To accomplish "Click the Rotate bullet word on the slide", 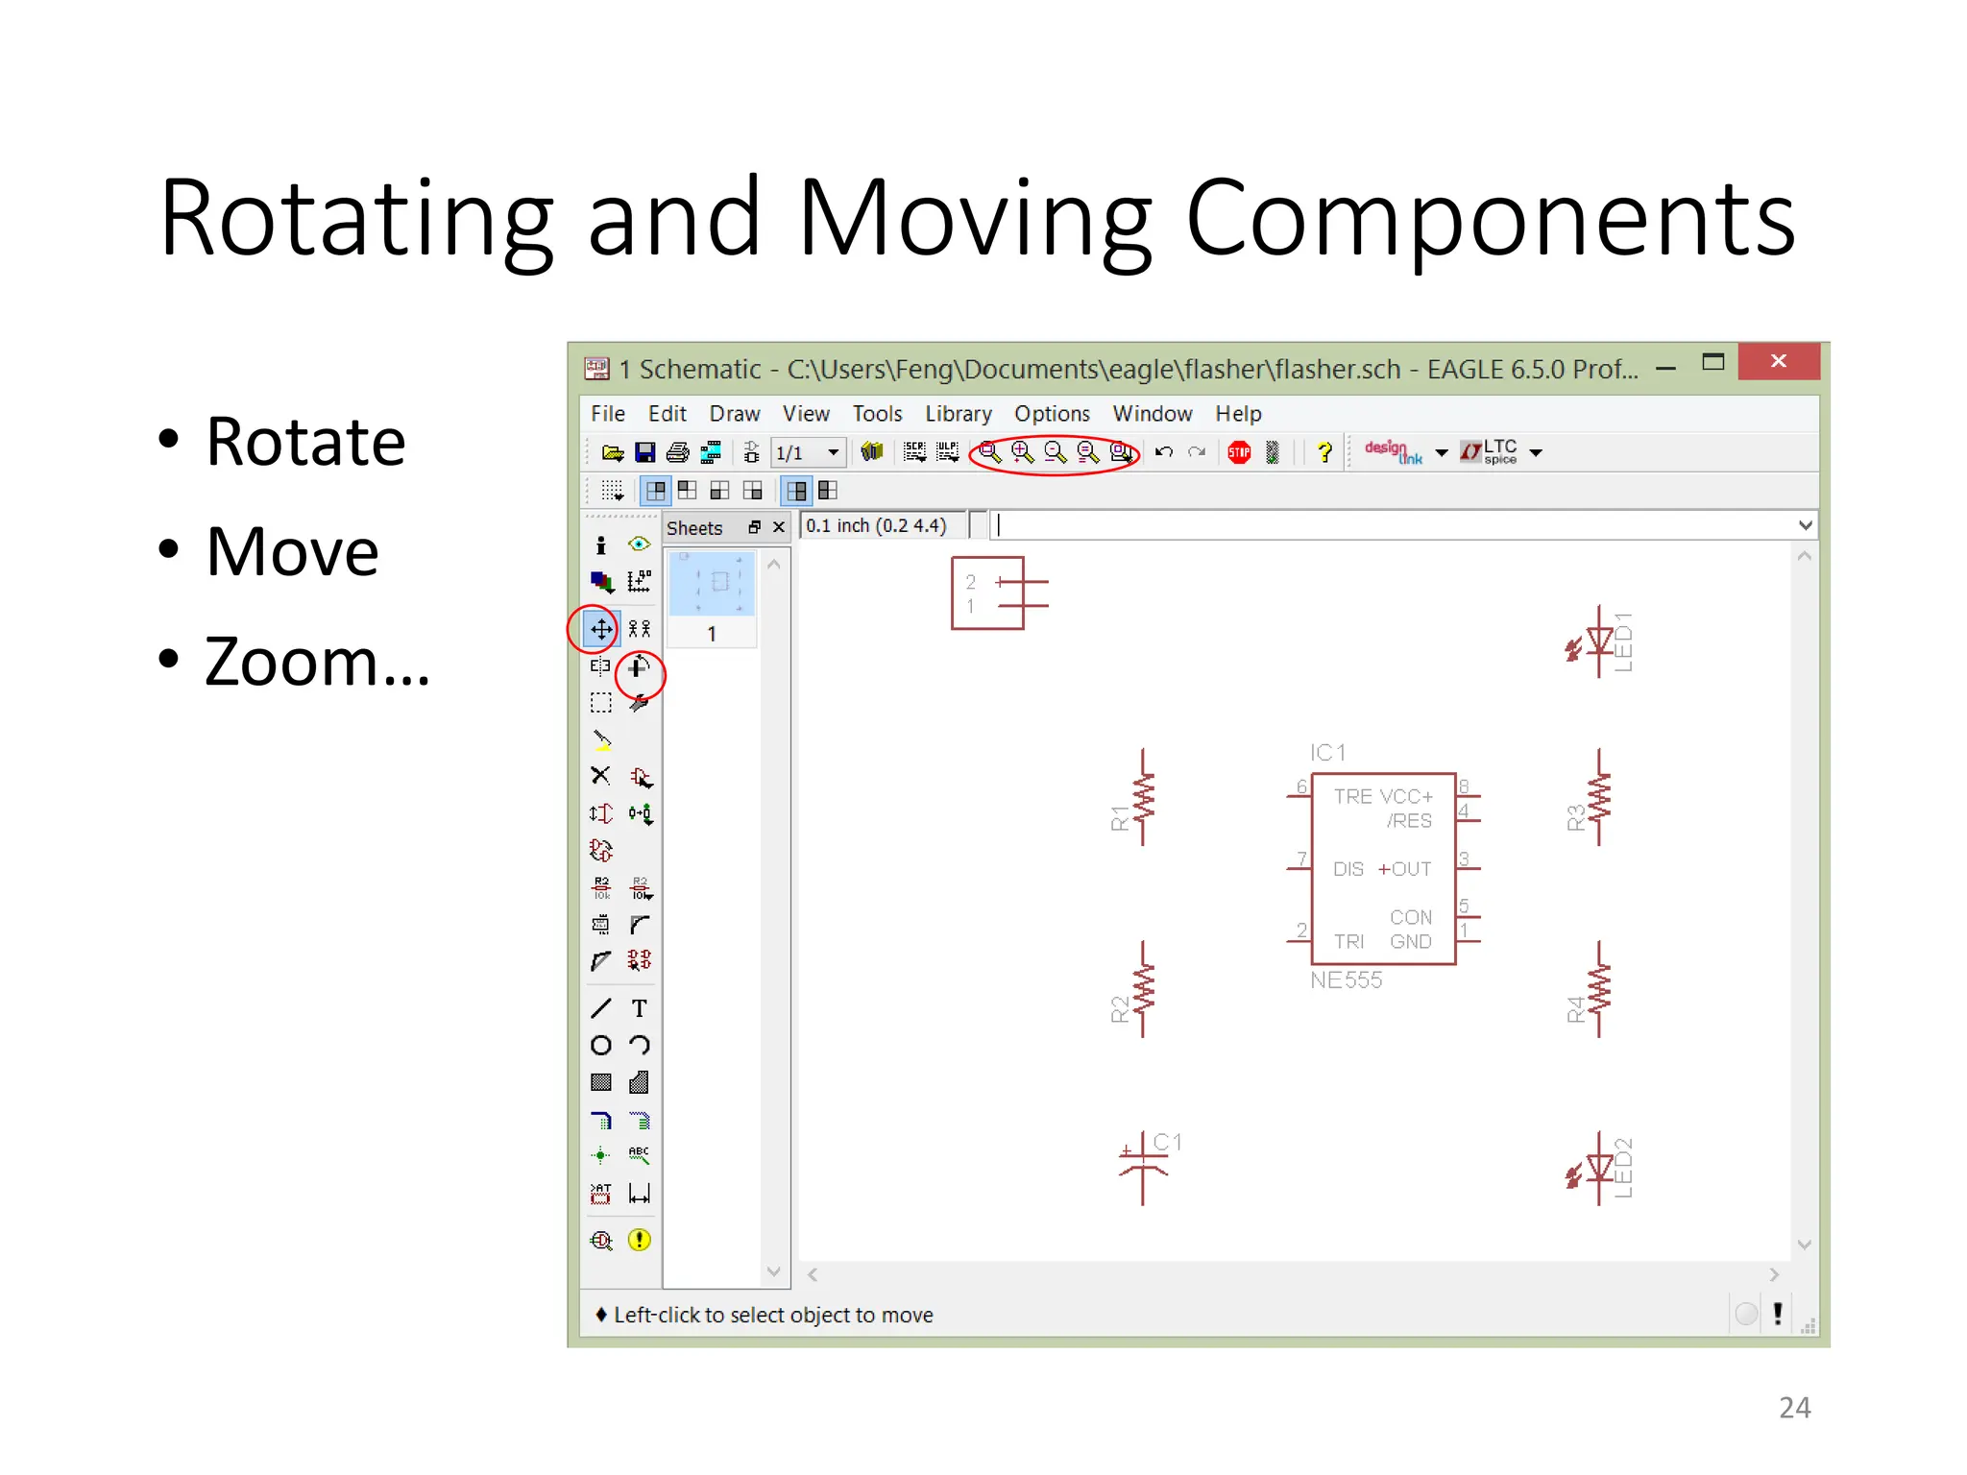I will [305, 443].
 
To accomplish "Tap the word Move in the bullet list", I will [292, 553].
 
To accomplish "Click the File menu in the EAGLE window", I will [607, 414].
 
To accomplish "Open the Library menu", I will [958, 414].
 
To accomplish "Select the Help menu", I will [1237, 414].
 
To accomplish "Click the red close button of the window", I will [1778, 362].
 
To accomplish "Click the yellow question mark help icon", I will [1324, 452].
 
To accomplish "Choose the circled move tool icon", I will [601, 630].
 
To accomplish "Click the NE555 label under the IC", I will [1346, 980].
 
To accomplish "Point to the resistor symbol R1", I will [1142, 798].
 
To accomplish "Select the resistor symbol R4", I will [1598, 990].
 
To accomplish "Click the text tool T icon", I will [639, 1008].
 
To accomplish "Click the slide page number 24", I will [1794, 1408].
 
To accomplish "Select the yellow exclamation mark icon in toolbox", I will [639, 1240].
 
